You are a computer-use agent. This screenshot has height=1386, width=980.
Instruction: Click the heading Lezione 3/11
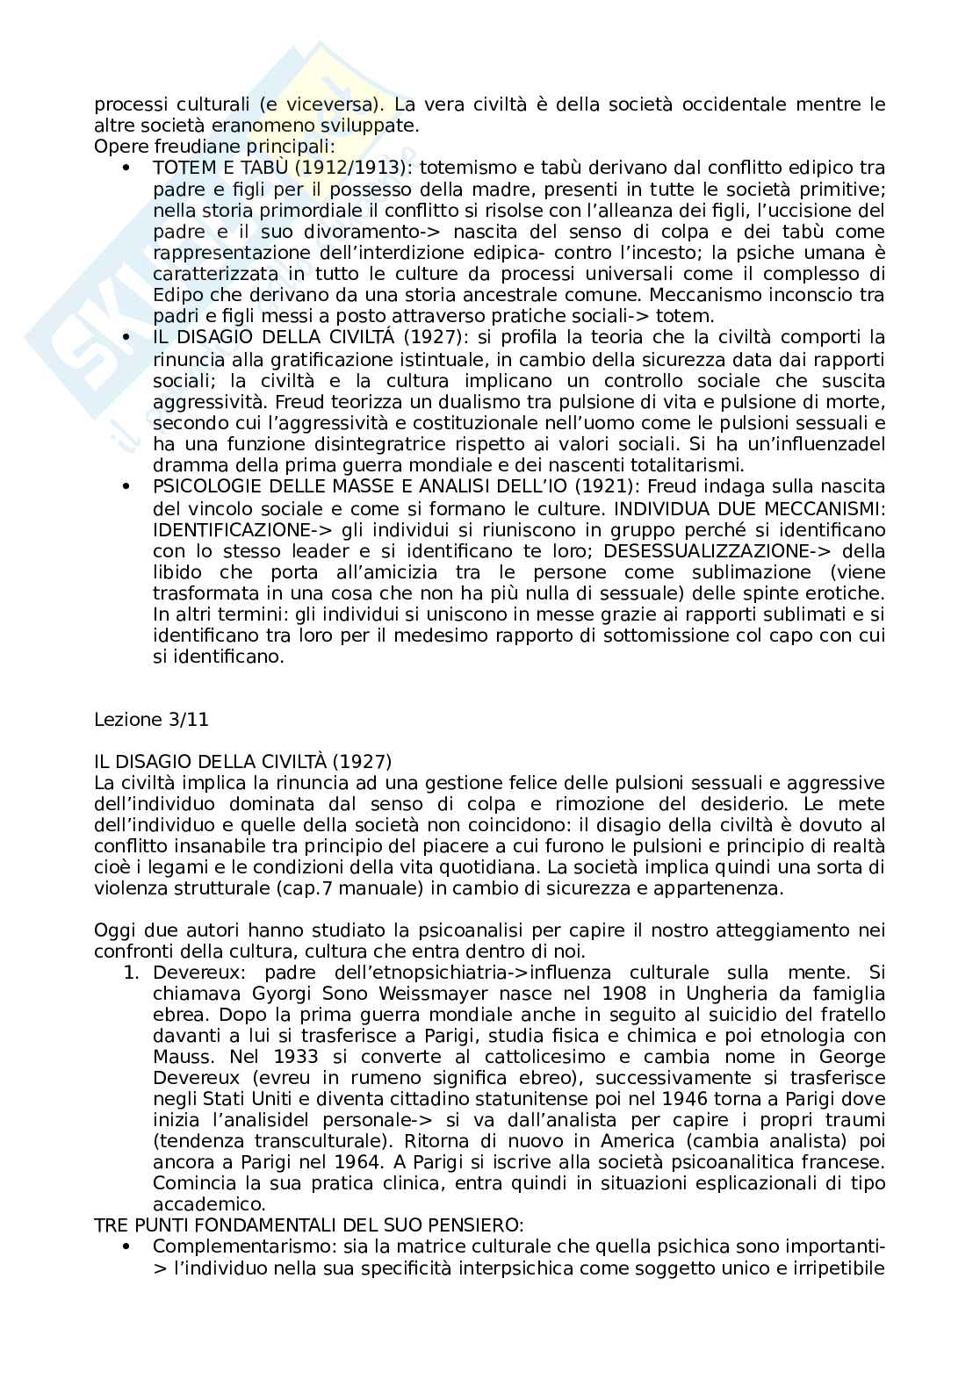pyautogui.click(x=151, y=720)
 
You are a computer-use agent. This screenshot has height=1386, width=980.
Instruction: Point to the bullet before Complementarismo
pyautogui.click(x=127, y=1247)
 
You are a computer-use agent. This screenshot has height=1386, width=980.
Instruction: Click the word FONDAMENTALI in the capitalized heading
pyautogui.click(x=237, y=1225)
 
